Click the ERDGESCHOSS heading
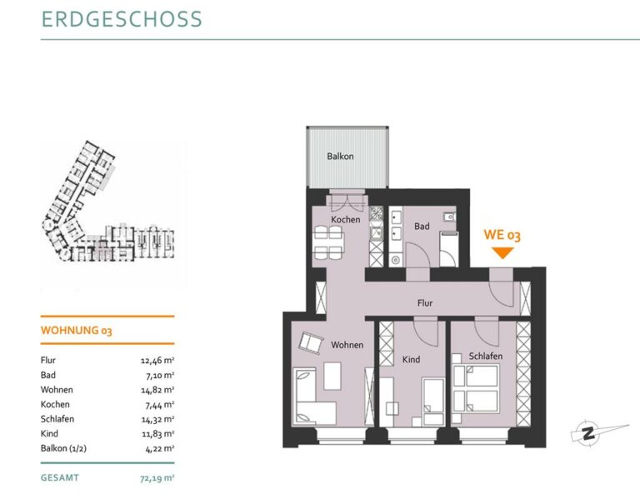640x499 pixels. (122, 19)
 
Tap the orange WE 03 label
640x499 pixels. (502, 235)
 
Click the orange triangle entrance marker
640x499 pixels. (502, 253)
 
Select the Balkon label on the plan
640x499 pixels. (340, 157)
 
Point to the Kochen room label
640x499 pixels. (346, 220)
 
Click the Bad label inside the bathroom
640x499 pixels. (422, 226)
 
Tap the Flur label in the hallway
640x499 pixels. (425, 303)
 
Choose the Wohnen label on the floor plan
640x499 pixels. (347, 345)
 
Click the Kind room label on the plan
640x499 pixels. (411, 359)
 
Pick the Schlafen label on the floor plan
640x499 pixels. (486, 357)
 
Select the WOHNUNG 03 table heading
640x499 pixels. (77, 330)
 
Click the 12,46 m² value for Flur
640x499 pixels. (157, 361)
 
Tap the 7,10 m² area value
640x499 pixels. (160, 376)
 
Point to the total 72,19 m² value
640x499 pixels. (157, 478)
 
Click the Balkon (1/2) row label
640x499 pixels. (63, 448)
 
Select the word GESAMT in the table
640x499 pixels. (60, 478)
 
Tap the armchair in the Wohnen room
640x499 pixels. (311, 342)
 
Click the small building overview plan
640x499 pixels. (109, 201)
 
